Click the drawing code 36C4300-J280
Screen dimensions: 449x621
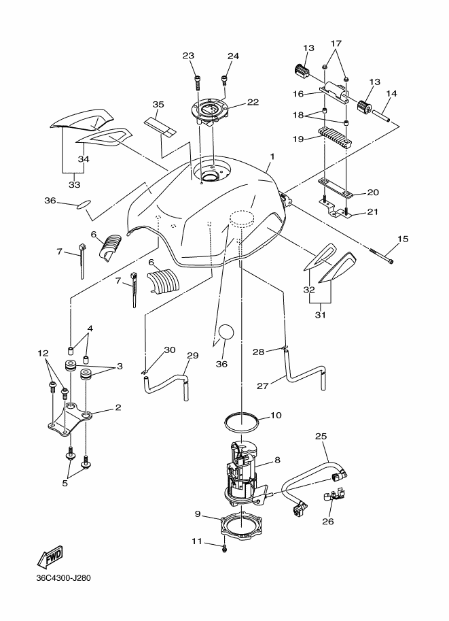(63, 578)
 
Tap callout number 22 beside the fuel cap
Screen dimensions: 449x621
(253, 102)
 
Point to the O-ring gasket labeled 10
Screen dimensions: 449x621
(242, 422)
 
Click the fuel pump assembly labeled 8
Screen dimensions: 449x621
(246, 473)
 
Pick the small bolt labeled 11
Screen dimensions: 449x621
(225, 548)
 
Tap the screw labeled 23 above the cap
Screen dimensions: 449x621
(197, 84)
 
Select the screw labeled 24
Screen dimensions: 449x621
(224, 81)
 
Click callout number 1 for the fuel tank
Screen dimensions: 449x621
(272, 156)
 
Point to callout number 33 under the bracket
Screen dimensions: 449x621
(74, 184)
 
